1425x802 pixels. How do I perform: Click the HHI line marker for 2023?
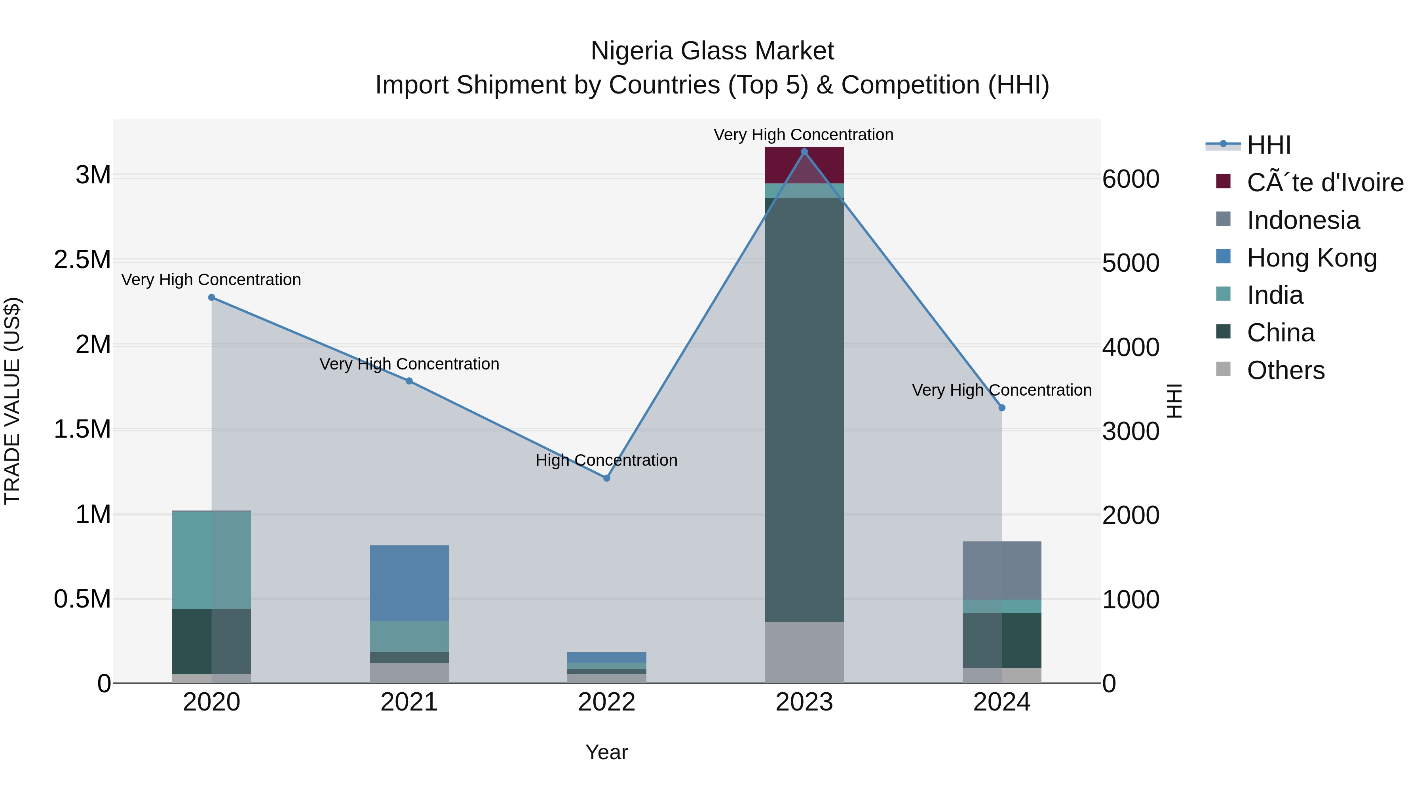click(804, 152)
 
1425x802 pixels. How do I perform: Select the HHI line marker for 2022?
click(606, 478)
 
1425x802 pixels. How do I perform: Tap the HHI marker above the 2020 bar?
click(211, 298)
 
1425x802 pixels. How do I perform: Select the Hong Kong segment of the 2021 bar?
click(409, 583)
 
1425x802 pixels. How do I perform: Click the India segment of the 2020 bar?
click(211, 560)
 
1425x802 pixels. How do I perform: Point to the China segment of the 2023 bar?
click(804, 410)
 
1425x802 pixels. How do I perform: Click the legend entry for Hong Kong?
click(1311, 258)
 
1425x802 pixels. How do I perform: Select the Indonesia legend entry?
click(1303, 220)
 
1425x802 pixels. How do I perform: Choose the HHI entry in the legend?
click(1269, 145)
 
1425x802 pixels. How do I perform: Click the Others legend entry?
click(1285, 370)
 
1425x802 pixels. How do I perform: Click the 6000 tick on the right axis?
click(1130, 179)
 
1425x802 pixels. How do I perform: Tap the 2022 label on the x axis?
click(606, 702)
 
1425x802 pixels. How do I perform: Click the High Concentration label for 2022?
click(606, 461)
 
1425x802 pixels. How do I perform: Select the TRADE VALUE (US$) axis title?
click(12, 401)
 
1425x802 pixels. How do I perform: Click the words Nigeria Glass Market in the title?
click(712, 51)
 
